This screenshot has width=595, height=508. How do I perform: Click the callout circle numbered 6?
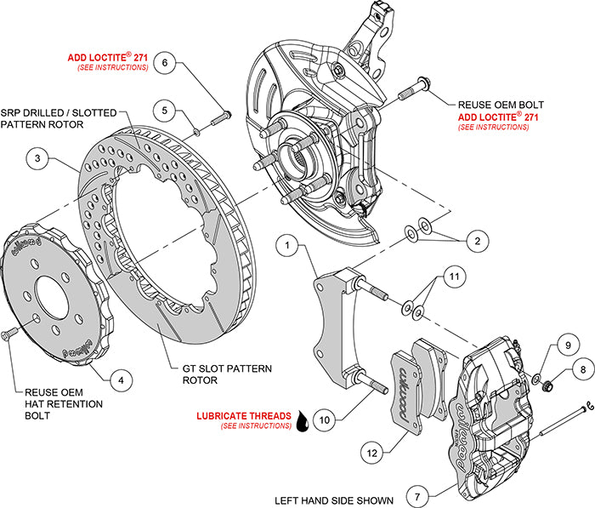[x=167, y=62]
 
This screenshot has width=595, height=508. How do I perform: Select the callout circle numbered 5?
[x=167, y=109]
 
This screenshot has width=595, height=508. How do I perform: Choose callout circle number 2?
[x=479, y=242]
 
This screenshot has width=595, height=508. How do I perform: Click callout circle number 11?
[x=455, y=277]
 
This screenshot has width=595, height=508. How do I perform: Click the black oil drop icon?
[x=301, y=420]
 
